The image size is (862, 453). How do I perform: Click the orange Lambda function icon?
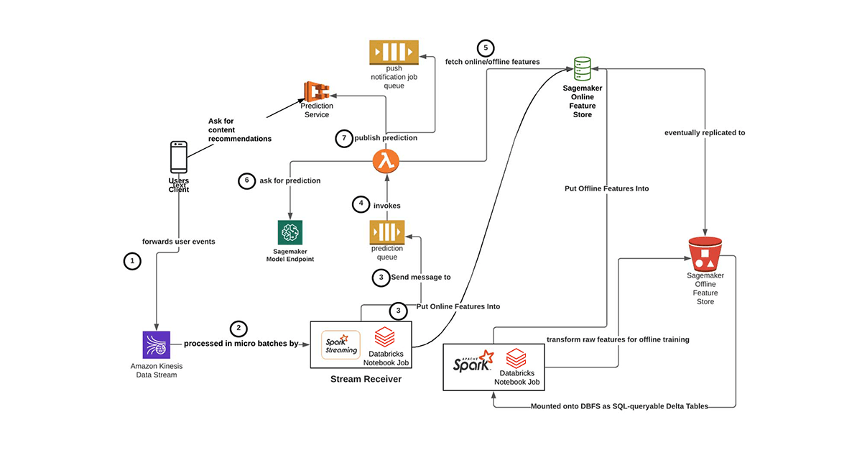tap(386, 160)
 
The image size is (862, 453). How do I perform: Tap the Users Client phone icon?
tap(179, 155)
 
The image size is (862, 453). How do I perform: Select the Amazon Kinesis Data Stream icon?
tap(156, 345)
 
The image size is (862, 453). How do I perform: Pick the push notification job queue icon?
tap(394, 52)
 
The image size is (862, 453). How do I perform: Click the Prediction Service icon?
tap(316, 91)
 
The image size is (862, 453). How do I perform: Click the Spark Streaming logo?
tap(340, 344)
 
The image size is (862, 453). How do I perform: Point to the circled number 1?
tap(131, 262)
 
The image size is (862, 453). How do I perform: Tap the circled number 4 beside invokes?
tap(360, 205)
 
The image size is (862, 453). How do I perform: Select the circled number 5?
tap(486, 47)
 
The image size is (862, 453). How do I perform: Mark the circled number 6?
tap(246, 181)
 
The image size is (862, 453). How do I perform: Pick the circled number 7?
tap(343, 138)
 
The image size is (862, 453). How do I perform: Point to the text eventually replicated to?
tap(705, 132)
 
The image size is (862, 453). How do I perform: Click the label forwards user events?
tap(180, 242)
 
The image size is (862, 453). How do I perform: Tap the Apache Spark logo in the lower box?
tap(473, 364)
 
